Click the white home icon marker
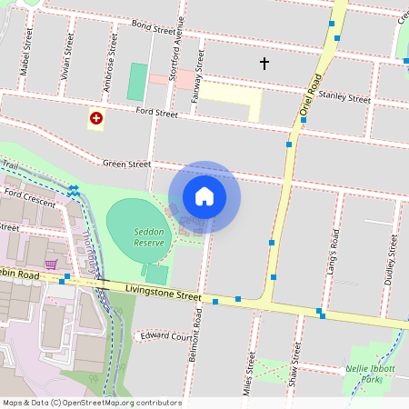coord(204,196)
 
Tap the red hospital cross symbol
coord(96,118)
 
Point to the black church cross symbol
coord(264,64)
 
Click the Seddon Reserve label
coord(148,237)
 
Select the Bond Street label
coord(153,28)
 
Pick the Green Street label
coord(126,165)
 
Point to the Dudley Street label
coord(392,260)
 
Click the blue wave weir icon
coord(73,189)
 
